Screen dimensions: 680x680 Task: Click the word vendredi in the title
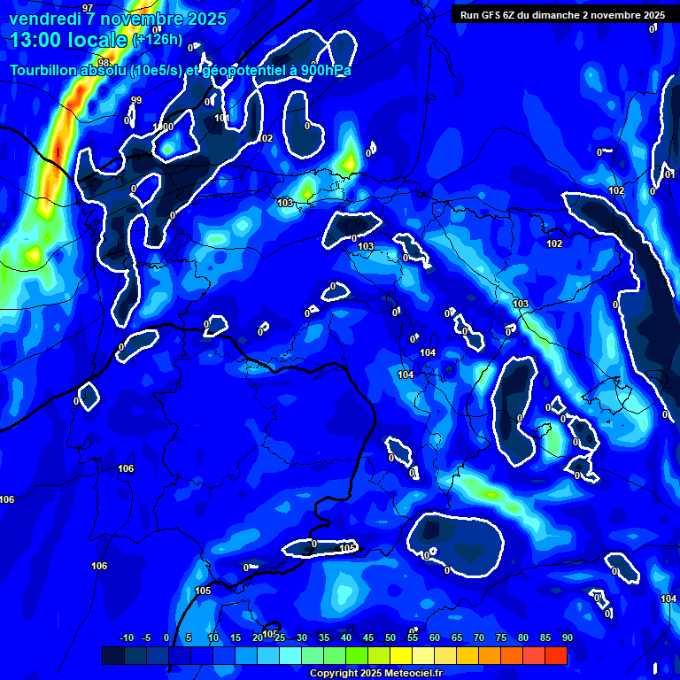tap(44, 19)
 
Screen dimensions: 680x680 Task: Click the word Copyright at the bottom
tap(335, 674)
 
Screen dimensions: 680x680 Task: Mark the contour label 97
tap(87, 8)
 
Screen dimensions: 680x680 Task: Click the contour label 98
tap(104, 63)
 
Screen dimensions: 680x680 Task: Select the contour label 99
tap(135, 100)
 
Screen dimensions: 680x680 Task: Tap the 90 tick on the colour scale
tap(567, 637)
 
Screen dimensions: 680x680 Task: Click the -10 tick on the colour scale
tap(126, 637)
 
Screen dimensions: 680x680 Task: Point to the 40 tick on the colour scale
tap(345, 637)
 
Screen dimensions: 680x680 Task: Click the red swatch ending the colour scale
tap(555, 655)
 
